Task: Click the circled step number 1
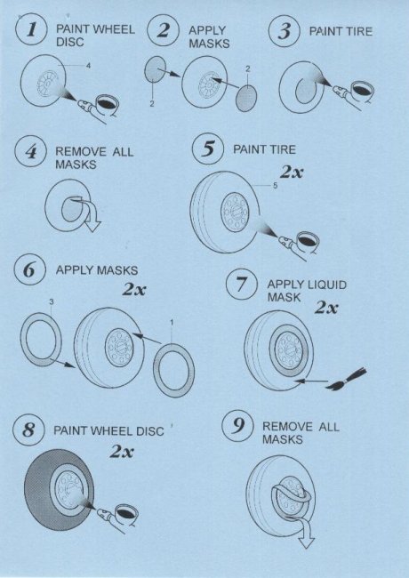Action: pos(31,29)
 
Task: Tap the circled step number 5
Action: pos(208,149)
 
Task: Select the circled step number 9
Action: pos(238,426)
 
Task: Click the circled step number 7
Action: pos(242,285)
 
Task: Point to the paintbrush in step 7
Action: pos(347,380)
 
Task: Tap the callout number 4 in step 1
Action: pos(88,66)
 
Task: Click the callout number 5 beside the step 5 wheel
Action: pos(276,186)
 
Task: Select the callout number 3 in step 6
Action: pos(52,302)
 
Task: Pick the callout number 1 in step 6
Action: pos(172,323)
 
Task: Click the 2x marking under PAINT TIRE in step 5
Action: pos(292,172)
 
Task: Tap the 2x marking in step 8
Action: pos(122,451)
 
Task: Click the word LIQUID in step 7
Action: pos(327,285)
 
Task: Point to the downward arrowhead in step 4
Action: pos(92,226)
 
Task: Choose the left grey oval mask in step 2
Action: pos(155,69)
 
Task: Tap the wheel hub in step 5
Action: pos(235,213)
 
